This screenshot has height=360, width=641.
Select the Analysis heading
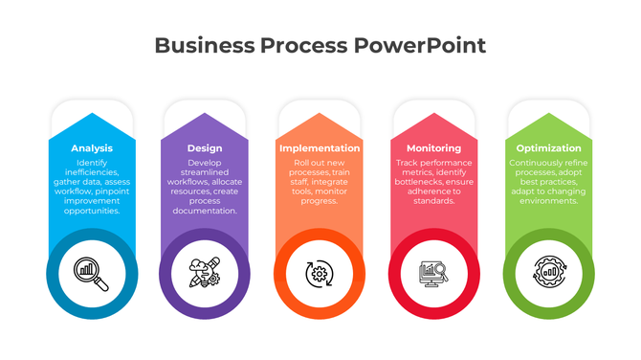pyautogui.click(x=92, y=148)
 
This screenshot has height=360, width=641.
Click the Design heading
pyautogui.click(x=205, y=148)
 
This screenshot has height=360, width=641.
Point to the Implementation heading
pyautogui.click(x=320, y=148)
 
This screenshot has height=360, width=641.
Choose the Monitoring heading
pyautogui.click(x=433, y=148)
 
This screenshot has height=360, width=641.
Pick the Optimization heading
pyautogui.click(x=548, y=148)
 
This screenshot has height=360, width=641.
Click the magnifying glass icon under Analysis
pyautogui.click(x=92, y=274)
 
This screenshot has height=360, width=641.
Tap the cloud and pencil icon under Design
pyautogui.click(x=205, y=274)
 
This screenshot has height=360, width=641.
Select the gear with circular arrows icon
pyautogui.click(x=320, y=274)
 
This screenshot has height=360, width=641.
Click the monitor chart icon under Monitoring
pyautogui.click(x=433, y=274)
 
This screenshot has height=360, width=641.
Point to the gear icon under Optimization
pyautogui.click(x=548, y=274)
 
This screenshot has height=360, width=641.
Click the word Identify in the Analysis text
pyautogui.click(x=92, y=164)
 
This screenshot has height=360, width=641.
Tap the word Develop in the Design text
pyautogui.click(x=205, y=164)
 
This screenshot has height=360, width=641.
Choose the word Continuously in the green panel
pyautogui.click(x=530, y=164)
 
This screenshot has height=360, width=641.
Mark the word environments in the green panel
pyautogui.click(x=547, y=201)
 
